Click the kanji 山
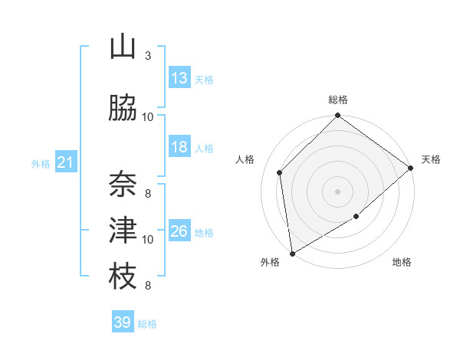click(x=123, y=47)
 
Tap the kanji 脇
click(x=123, y=109)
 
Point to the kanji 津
click(x=123, y=230)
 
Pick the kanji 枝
click(x=123, y=277)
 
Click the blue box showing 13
click(x=179, y=77)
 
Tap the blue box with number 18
click(x=179, y=147)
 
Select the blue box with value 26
click(x=179, y=231)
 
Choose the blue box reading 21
click(x=65, y=162)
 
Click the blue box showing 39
click(x=122, y=322)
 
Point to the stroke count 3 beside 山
click(x=147, y=55)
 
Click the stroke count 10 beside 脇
click(x=147, y=116)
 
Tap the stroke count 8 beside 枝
click(x=147, y=286)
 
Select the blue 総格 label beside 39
click(x=147, y=324)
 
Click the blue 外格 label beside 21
click(x=40, y=164)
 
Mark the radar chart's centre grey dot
click(x=337, y=191)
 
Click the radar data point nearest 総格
click(x=337, y=116)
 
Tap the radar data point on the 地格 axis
click(x=356, y=217)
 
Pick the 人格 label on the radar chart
click(x=245, y=159)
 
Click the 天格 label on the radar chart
click(x=431, y=159)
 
